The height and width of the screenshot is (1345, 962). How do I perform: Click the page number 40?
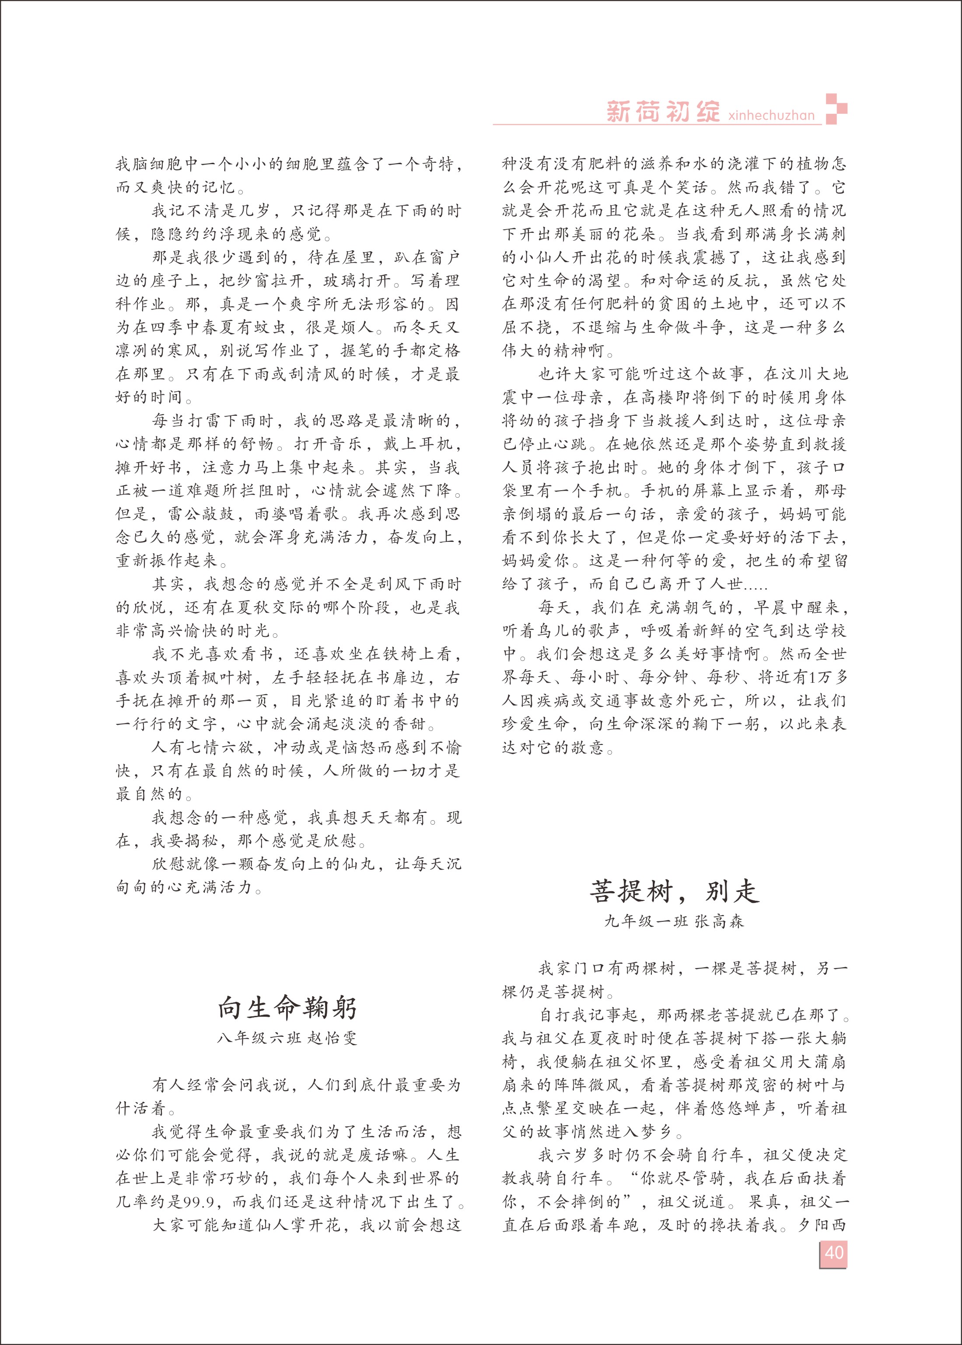[833, 1253]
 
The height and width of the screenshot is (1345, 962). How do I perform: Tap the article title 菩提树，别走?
[674, 891]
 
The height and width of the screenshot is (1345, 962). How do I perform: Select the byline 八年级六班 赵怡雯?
[287, 1039]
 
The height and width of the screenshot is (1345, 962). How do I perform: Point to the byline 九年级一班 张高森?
[674, 921]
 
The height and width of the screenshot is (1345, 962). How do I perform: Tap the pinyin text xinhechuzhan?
[771, 115]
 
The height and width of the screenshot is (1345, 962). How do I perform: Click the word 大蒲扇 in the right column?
[812, 1062]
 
